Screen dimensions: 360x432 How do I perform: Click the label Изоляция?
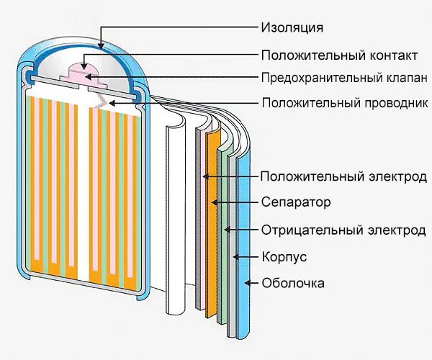point(292,28)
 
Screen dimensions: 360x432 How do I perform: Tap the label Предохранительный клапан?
point(345,78)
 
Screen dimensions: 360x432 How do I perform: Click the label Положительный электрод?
point(343,176)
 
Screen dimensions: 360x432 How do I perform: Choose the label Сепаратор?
point(296,202)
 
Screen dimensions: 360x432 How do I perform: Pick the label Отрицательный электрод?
point(343,230)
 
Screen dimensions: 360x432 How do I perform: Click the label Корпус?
point(284,257)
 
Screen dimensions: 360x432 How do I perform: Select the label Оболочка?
point(293,283)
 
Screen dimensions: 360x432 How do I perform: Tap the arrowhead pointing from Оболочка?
point(248,283)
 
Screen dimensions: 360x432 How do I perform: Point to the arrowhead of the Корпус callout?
point(236,257)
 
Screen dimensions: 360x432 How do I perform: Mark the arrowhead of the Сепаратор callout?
point(214,203)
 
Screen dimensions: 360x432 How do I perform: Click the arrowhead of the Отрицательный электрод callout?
point(226,230)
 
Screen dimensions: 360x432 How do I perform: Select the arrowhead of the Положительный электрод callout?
point(205,176)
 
